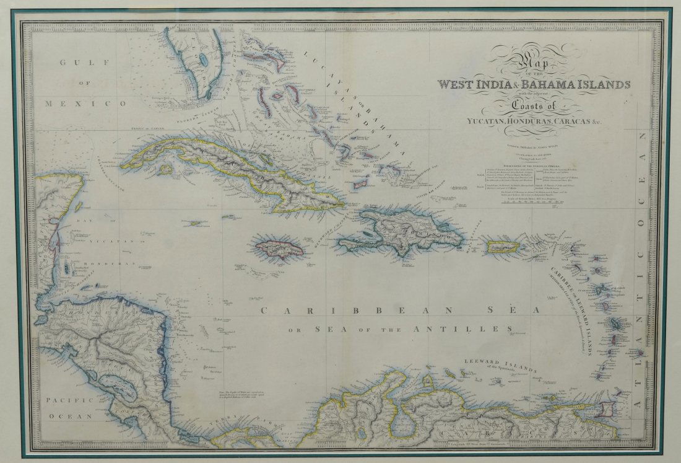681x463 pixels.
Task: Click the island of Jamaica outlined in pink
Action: tap(278, 247)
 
